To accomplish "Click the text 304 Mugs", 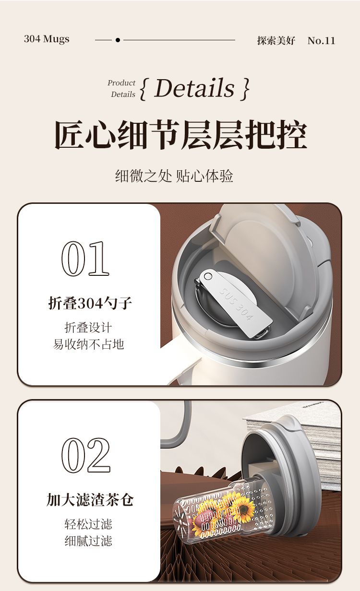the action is coord(47,39).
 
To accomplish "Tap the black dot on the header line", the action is coord(118,40).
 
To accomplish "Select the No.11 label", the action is coord(321,40).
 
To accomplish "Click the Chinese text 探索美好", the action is coord(276,40).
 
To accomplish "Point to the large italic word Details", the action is coord(194,88).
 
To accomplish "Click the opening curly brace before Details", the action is coord(143,89).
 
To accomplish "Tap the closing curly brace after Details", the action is coord(245,89).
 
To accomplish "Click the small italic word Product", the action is coord(121,83).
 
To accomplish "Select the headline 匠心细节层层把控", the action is coord(180,134).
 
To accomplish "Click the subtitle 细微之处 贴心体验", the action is coord(174,176).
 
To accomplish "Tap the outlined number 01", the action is coord(85,259).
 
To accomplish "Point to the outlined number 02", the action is coord(86,455).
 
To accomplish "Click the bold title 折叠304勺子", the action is coord(90,303).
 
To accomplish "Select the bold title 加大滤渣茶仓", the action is coord(90,500).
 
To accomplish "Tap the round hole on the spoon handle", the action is coord(208,276).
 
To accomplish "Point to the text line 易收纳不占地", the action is coord(88,344).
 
